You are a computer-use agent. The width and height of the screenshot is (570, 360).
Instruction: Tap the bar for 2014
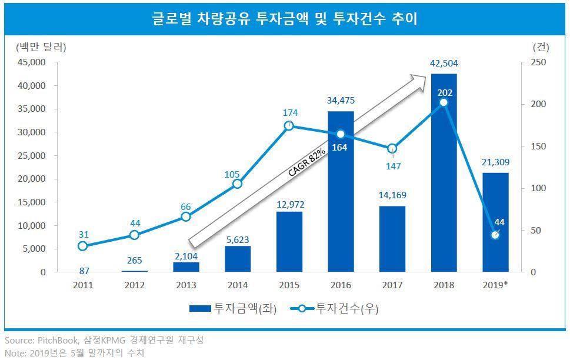pos(237,259)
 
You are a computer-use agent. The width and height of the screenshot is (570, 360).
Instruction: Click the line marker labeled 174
pos(289,126)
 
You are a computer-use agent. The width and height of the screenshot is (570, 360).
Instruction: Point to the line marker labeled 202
pos(444,102)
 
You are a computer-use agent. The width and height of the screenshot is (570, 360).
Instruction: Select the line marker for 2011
pos(82,246)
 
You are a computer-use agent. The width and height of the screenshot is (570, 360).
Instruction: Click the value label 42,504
pos(444,64)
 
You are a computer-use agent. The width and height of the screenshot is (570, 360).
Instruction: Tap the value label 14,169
pos(393,195)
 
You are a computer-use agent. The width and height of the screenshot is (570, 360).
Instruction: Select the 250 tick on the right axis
pos(539,62)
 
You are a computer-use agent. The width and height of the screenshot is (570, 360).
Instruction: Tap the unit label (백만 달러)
pos(41,47)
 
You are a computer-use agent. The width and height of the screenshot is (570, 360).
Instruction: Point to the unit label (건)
pos(540,47)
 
